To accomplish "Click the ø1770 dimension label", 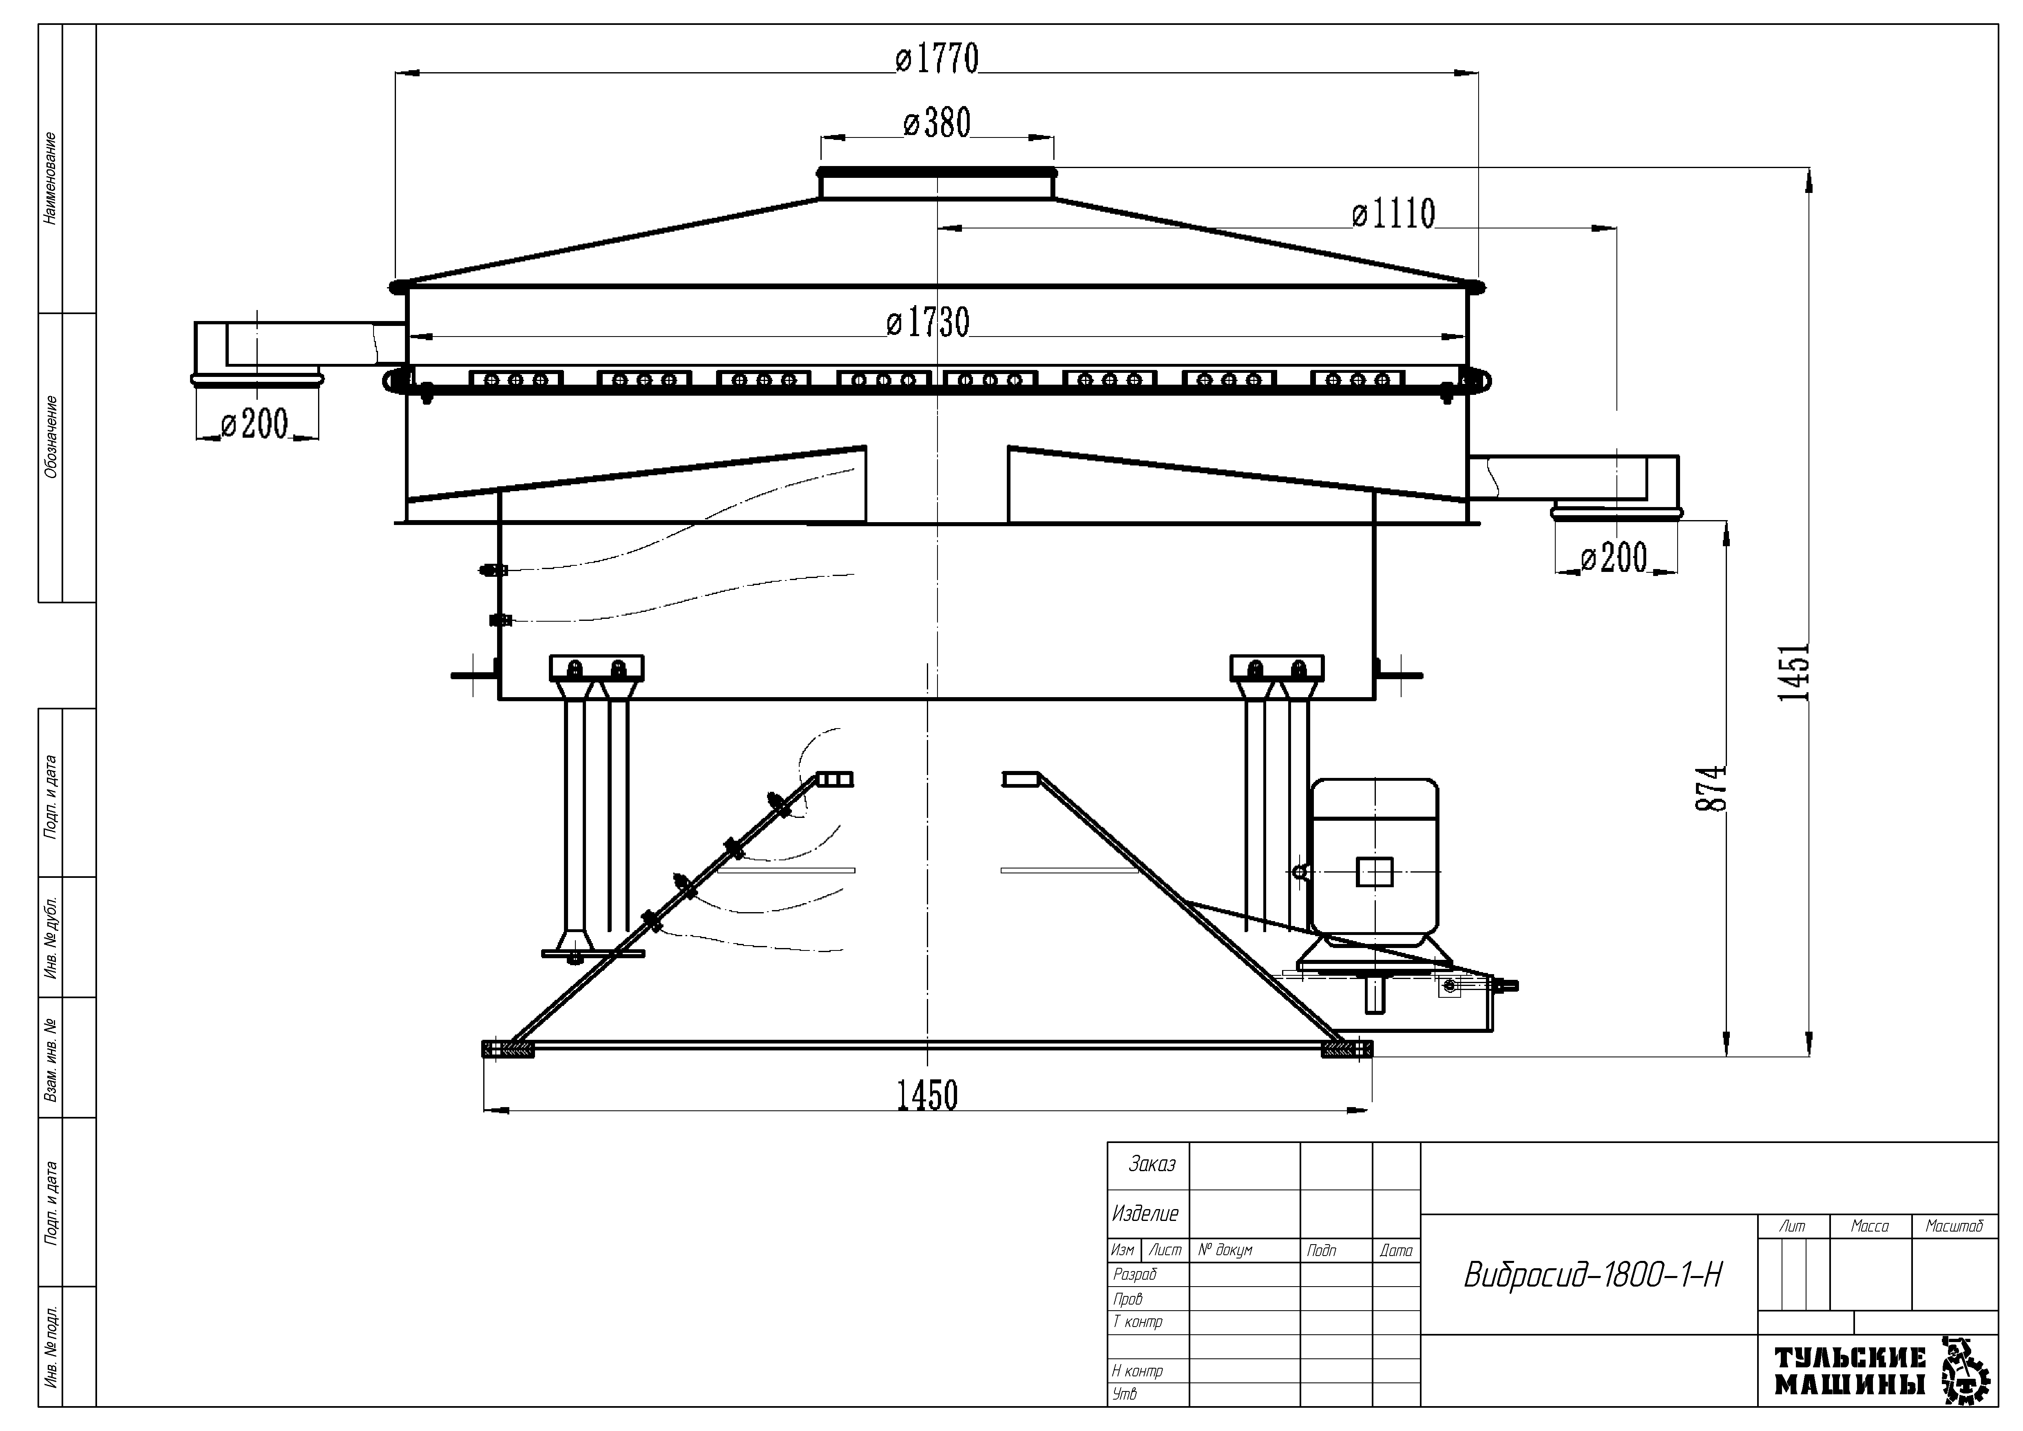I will coord(937,59).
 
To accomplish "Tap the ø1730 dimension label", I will coord(928,323).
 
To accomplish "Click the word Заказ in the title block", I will coord(1152,1165).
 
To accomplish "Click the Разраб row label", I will coord(1135,1274).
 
